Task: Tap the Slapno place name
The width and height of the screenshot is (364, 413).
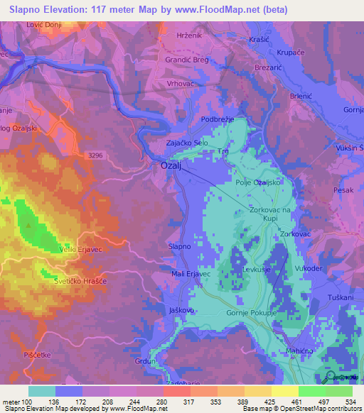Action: (179, 246)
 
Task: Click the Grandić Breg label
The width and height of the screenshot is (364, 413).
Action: (186, 60)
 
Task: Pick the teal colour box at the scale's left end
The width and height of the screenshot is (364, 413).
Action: (42, 391)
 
